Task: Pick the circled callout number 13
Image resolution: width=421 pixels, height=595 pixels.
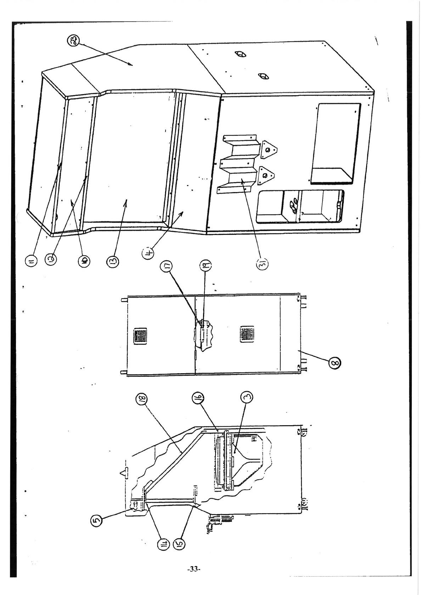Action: click(x=113, y=262)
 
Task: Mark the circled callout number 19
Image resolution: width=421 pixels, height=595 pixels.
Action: click(x=207, y=264)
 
